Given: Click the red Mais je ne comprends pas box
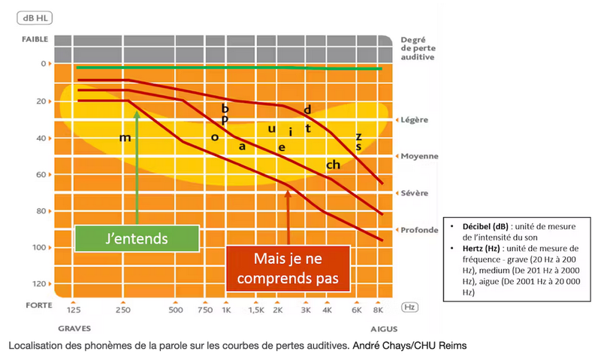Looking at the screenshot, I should click(289, 268).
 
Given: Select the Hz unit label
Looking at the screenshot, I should click(410, 307).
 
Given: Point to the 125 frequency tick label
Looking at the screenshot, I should click(74, 310).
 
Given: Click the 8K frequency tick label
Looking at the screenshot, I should click(378, 310).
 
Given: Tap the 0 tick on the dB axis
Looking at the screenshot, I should click(43, 64).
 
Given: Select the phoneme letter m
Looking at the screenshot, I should click(125, 138).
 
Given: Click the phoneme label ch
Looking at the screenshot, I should click(333, 164).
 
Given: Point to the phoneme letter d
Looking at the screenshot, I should click(307, 110).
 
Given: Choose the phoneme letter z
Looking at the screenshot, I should click(358, 136).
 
